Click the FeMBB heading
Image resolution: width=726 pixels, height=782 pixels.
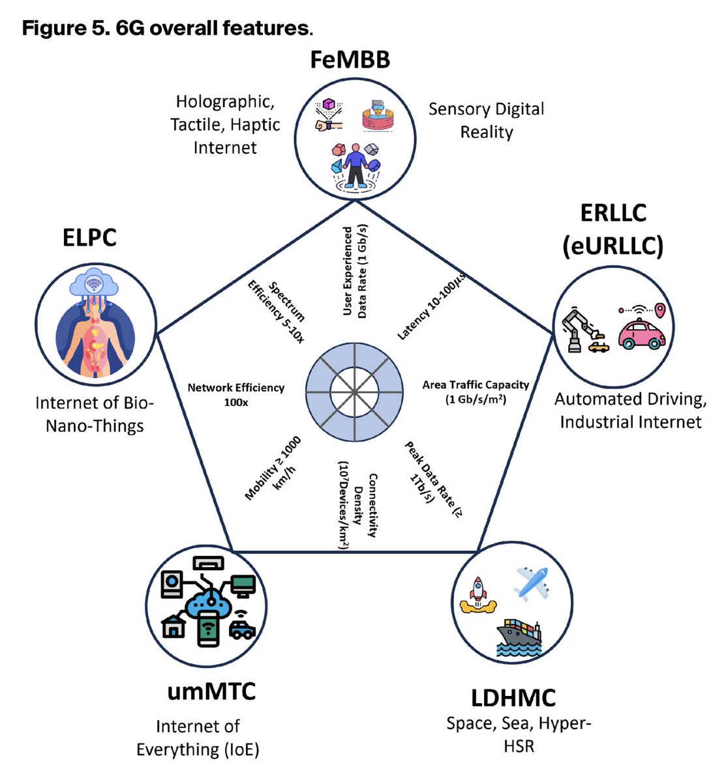coord(350,59)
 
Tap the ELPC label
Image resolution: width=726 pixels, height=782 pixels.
coord(89,237)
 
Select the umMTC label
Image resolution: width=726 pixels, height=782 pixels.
coord(211,691)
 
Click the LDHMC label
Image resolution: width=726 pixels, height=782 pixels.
coord(513,697)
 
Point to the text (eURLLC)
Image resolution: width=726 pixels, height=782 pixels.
coord(613,246)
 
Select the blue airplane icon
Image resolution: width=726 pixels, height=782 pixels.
coord(531,583)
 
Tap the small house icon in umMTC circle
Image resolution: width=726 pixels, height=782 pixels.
coord(174,626)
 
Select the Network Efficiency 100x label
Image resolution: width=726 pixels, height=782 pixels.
coord(235,394)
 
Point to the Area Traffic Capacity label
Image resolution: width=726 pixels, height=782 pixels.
coord(476,392)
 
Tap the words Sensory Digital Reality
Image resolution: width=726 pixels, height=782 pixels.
coord(486,121)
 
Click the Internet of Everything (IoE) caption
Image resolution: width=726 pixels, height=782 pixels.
coord(198,738)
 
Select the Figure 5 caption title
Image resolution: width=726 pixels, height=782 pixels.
coord(166,29)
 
